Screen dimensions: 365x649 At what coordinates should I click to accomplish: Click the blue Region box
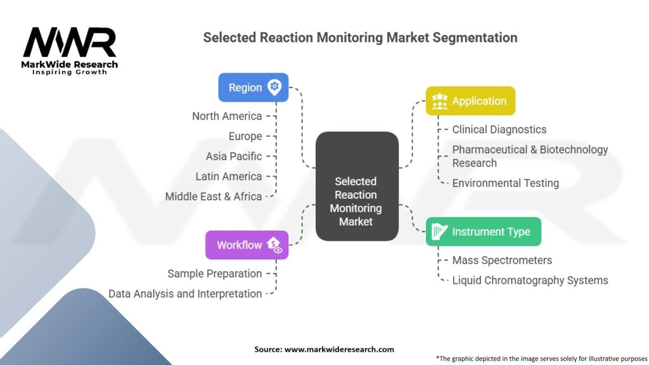pyautogui.click(x=253, y=87)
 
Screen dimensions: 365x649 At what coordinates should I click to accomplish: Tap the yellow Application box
pyautogui.click(x=470, y=101)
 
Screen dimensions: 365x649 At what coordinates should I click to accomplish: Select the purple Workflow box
pyautogui.click(x=247, y=245)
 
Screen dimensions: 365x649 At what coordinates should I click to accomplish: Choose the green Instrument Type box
pyautogui.click(x=483, y=231)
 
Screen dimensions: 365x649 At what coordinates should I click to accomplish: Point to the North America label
pyautogui.click(x=227, y=116)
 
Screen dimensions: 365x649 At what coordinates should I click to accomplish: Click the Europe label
pyautogui.click(x=245, y=136)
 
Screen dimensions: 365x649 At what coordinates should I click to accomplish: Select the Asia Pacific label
pyautogui.click(x=233, y=156)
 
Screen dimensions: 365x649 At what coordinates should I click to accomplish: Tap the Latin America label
pyautogui.click(x=228, y=176)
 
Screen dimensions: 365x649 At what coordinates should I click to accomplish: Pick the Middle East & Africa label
pyautogui.click(x=213, y=196)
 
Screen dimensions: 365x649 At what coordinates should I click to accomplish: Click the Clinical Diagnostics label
pyautogui.click(x=499, y=129)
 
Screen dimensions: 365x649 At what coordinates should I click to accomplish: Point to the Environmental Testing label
pyautogui.click(x=505, y=183)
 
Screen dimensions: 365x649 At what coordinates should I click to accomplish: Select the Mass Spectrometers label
pyautogui.click(x=501, y=260)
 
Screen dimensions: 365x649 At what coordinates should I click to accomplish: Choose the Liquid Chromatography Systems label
pyautogui.click(x=530, y=280)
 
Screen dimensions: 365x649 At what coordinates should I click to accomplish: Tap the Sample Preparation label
pyautogui.click(x=214, y=274)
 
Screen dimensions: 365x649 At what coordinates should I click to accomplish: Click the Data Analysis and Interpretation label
pyautogui.click(x=185, y=293)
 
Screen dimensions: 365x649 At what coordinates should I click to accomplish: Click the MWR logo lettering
pyautogui.click(x=70, y=43)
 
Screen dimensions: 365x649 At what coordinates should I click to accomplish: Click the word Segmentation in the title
pyautogui.click(x=475, y=37)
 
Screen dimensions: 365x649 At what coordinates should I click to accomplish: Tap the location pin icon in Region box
pyautogui.click(x=274, y=87)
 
